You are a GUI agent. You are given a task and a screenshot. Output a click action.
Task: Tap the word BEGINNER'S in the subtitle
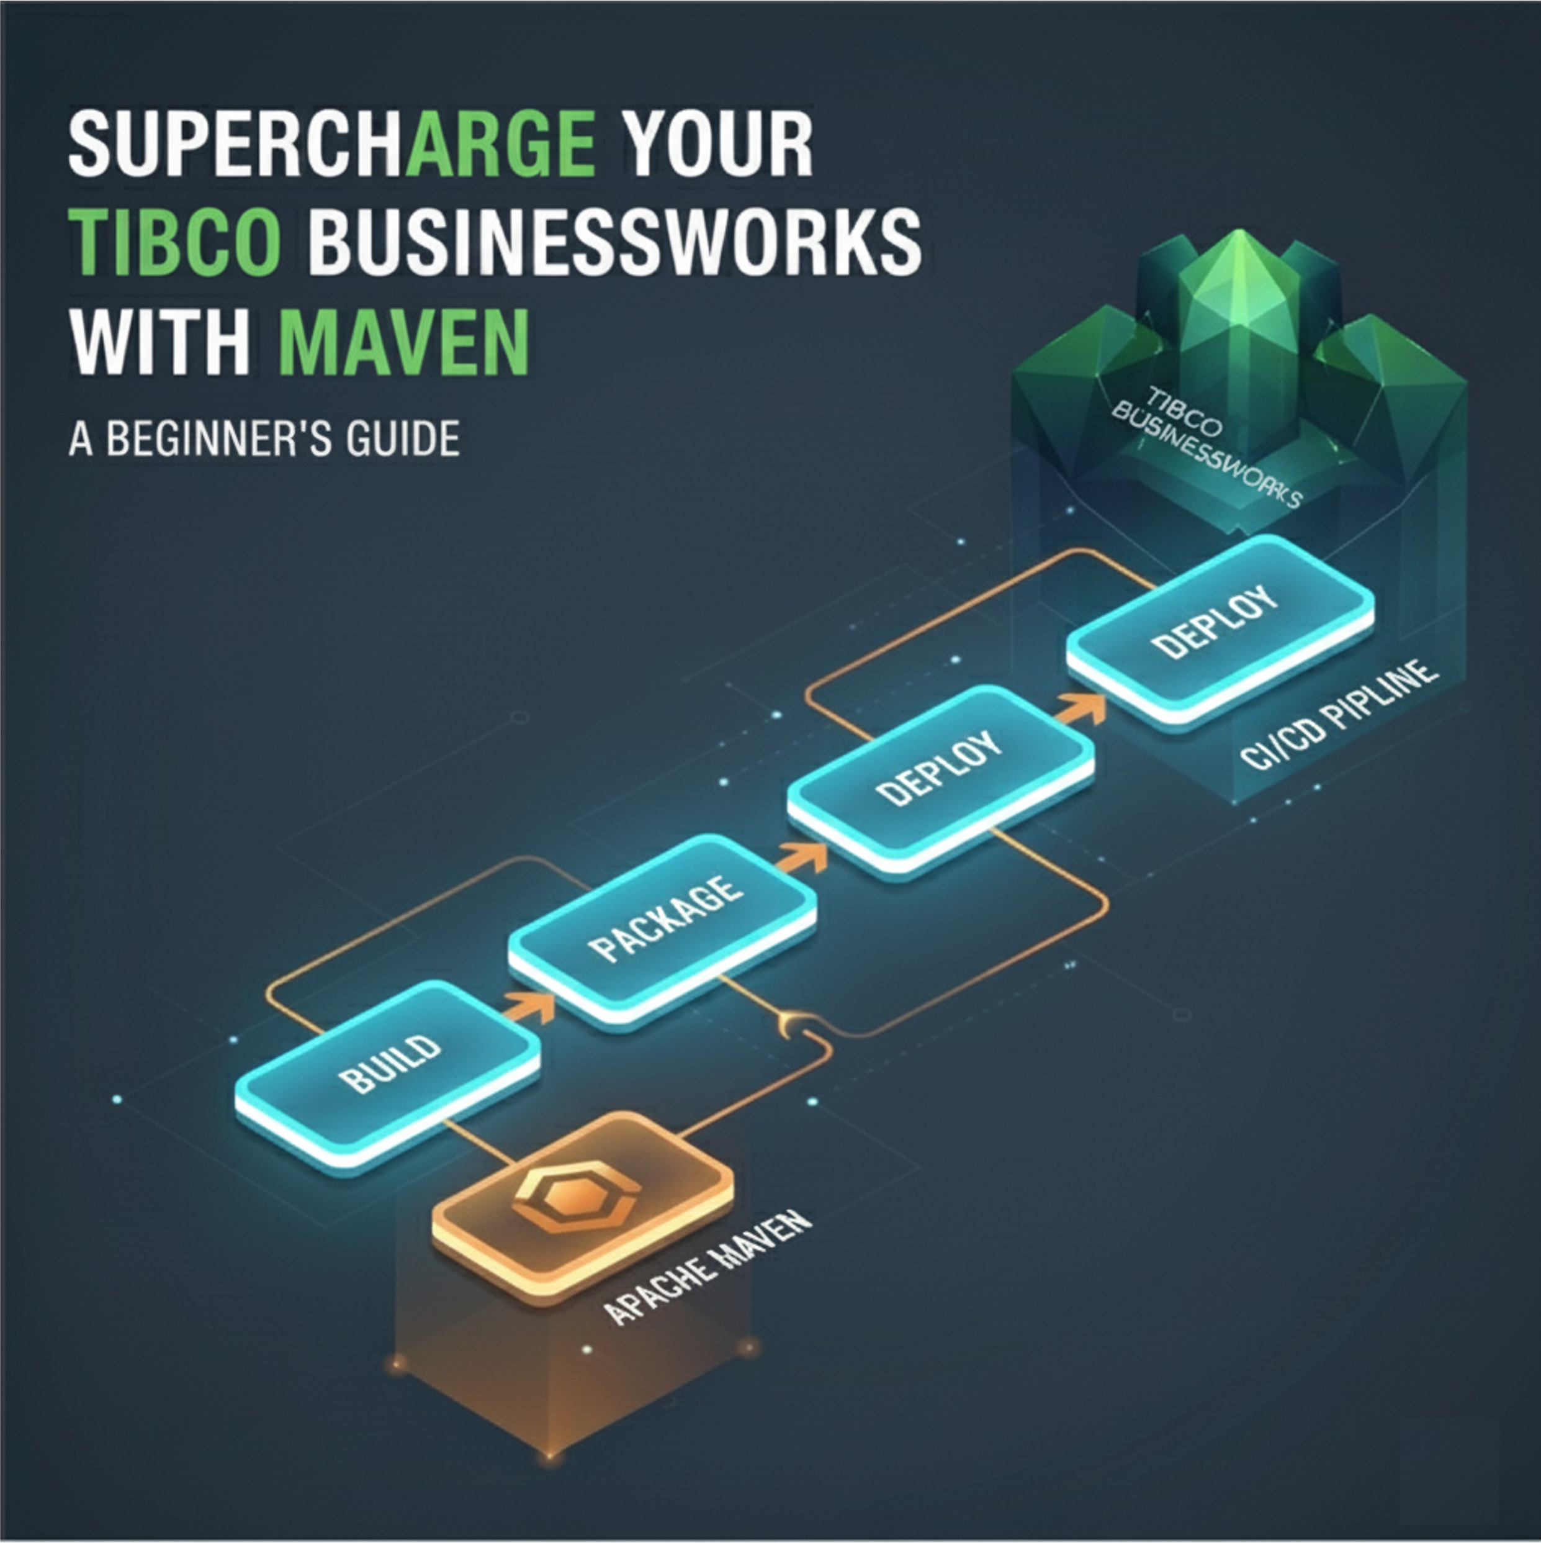218,438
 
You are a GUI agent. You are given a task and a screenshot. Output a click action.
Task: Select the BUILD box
387,1074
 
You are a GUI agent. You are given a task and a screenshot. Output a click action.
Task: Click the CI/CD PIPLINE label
1341,715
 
